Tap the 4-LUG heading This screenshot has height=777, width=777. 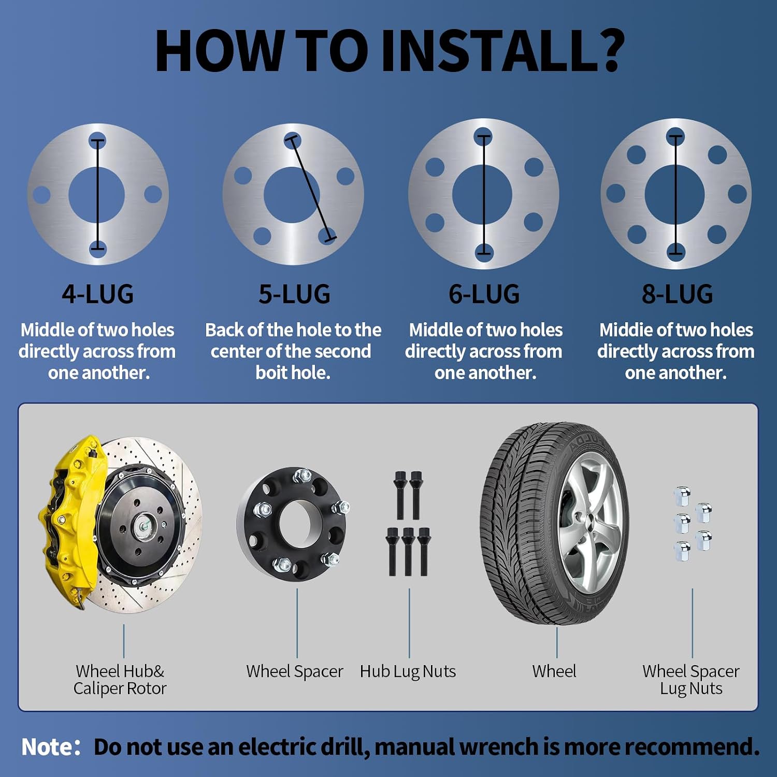(98, 294)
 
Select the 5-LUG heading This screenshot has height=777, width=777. (294, 294)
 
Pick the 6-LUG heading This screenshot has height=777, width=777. (484, 294)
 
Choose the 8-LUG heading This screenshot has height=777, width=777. (677, 294)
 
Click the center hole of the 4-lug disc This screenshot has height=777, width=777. (97, 195)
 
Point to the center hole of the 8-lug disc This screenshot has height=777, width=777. (674, 194)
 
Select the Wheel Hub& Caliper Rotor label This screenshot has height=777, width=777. (120, 680)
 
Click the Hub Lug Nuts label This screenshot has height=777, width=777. (408, 672)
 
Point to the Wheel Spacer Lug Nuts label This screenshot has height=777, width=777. (691, 680)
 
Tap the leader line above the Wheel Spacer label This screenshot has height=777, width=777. (297, 623)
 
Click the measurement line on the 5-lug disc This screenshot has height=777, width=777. (310, 190)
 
